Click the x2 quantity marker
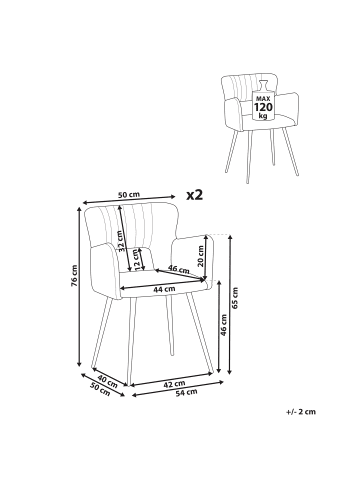tap(194, 195)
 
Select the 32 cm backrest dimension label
tap(122, 241)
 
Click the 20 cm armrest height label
tap(200, 256)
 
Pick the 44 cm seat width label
tap(164, 289)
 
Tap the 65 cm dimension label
tap(235, 298)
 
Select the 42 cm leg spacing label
tap(174, 384)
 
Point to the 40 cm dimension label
tap(107, 382)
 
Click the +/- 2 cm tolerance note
tap(301, 412)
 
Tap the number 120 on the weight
tap(263, 107)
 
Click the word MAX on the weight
tap(263, 99)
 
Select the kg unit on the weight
tap(263, 116)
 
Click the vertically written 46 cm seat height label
tap(224, 325)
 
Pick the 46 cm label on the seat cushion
tap(178, 268)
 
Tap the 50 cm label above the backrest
tap(129, 195)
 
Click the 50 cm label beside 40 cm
tap(100, 390)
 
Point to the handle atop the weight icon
tap(263, 85)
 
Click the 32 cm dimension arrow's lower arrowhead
tap(129, 269)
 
